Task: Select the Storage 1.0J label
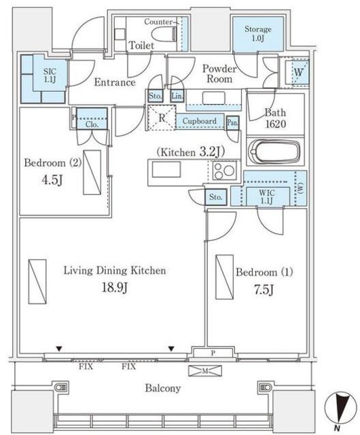(x=258, y=33)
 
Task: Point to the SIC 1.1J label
(x=50, y=75)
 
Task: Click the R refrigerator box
(x=162, y=118)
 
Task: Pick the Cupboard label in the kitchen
(x=200, y=121)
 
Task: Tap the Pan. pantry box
(x=232, y=122)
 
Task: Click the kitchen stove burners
(x=224, y=171)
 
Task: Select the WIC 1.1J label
(x=267, y=196)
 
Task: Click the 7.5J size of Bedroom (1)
(x=264, y=290)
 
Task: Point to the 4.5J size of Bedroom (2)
(x=52, y=179)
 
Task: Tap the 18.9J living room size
(x=115, y=288)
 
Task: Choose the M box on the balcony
(x=205, y=370)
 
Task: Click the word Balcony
(x=163, y=388)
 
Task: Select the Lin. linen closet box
(x=177, y=96)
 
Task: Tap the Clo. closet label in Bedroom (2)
(x=92, y=124)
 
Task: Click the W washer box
(x=298, y=73)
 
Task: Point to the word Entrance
(x=115, y=82)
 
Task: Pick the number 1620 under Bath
(x=275, y=124)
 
